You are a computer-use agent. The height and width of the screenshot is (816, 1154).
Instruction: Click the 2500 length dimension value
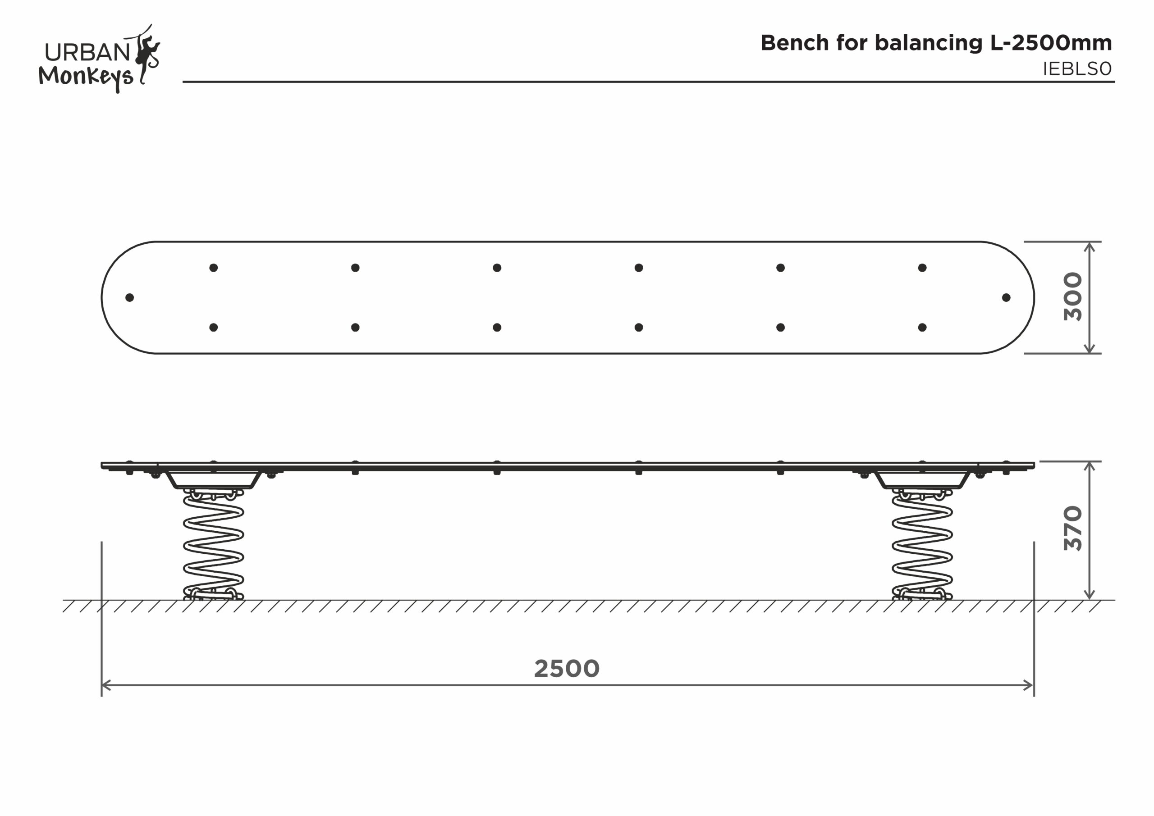[x=567, y=669]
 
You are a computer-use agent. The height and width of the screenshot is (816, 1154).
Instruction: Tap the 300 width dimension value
[x=1072, y=297]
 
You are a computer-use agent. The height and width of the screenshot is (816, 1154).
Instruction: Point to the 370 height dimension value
[x=1072, y=528]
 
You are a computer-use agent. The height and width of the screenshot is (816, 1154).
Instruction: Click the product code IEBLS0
[x=1077, y=69]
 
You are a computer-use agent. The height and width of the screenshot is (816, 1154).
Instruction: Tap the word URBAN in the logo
[x=87, y=52]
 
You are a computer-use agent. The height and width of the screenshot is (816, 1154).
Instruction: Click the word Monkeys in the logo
[x=86, y=77]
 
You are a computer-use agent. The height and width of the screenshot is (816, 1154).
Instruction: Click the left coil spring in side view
[x=214, y=545]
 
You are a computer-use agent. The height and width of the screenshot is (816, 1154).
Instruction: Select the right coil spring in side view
[x=922, y=545]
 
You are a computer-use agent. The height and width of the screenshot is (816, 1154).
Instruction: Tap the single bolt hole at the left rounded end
[x=130, y=297]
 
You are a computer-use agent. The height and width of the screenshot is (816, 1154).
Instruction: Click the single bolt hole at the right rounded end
[x=1006, y=297]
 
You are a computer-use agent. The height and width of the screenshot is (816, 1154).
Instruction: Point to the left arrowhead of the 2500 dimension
[x=105, y=685]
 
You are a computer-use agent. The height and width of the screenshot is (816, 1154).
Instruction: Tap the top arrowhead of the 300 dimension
[x=1089, y=246]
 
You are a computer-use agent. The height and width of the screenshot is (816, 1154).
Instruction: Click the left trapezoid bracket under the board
[x=214, y=480]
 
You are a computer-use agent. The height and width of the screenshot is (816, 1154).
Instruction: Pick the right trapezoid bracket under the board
[x=922, y=480]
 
